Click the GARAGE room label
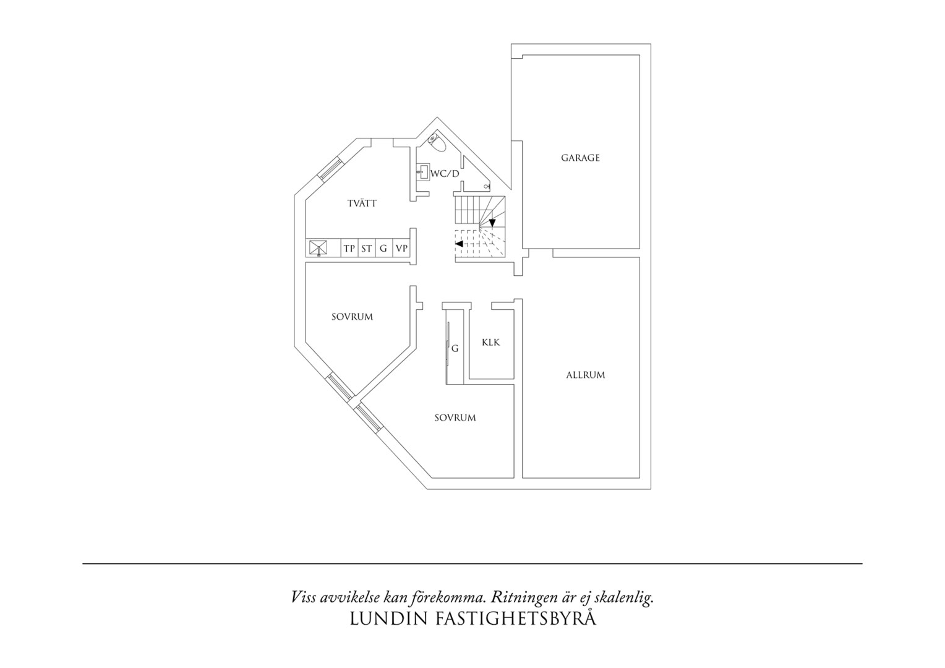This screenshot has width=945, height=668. (x=580, y=158)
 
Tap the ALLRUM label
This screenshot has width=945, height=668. (x=586, y=375)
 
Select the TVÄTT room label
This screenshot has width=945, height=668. (x=362, y=203)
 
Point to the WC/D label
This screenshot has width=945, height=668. (x=445, y=173)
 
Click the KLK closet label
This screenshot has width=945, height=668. (x=490, y=342)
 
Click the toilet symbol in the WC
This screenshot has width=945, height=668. (x=436, y=142)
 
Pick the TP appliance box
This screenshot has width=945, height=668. (x=349, y=248)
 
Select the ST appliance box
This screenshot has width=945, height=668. (x=367, y=248)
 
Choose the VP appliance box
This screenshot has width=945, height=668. (x=401, y=248)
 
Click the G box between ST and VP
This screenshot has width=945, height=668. (x=384, y=248)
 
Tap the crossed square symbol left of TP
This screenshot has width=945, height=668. (x=318, y=247)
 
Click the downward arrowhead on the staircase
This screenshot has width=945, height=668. (x=492, y=223)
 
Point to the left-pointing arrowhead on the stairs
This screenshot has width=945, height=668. (x=458, y=244)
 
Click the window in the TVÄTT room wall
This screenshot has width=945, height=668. (x=330, y=169)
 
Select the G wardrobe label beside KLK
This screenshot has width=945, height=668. (x=455, y=349)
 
